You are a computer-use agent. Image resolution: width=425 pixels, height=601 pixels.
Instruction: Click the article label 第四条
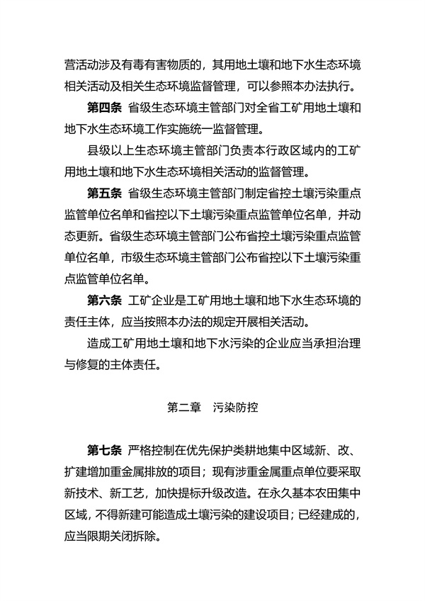[x=103, y=110]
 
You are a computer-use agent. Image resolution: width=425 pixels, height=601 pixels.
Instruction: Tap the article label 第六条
[x=103, y=301]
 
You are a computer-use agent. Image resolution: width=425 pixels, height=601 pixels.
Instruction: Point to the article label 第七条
[x=103, y=451]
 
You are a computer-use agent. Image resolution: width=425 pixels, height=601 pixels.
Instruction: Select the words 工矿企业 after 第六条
[x=152, y=301]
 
